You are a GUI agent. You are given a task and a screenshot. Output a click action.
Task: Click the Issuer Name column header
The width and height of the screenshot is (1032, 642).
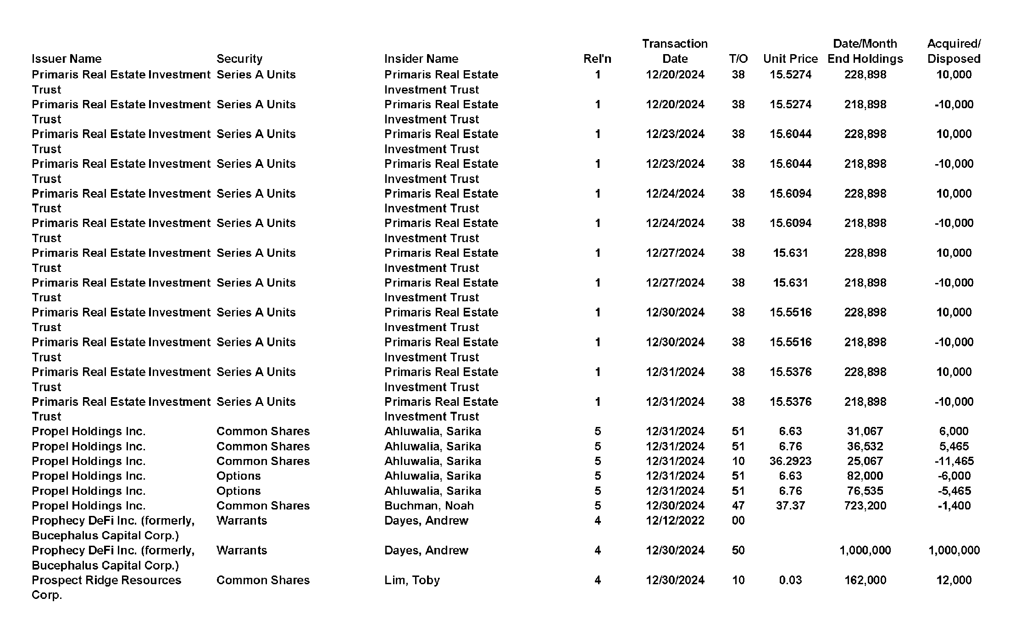point(67,59)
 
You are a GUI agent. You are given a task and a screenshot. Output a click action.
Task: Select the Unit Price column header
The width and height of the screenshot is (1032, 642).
point(790,59)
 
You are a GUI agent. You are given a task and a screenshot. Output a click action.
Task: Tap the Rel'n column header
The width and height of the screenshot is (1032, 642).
point(597,59)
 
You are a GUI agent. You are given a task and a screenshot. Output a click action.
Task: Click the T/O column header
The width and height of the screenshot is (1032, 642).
point(738,59)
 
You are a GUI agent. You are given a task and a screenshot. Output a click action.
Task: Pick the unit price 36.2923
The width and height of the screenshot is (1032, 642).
point(790,461)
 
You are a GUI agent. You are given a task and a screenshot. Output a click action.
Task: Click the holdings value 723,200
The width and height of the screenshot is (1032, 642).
point(865,505)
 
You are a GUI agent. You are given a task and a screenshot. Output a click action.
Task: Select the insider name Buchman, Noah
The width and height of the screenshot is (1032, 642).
point(429,505)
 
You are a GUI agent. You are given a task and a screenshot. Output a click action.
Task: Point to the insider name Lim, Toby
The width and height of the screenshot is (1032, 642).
point(412,580)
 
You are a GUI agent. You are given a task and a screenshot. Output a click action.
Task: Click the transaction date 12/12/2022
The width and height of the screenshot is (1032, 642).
point(675,520)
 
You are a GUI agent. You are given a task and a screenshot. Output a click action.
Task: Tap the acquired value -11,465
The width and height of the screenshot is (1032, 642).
point(954,461)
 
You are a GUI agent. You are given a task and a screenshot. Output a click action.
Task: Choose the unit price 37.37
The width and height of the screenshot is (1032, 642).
point(790,505)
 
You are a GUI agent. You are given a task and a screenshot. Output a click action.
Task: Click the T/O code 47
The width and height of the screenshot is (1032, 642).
point(738,505)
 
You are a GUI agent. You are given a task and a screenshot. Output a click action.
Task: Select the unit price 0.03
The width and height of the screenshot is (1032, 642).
point(790,580)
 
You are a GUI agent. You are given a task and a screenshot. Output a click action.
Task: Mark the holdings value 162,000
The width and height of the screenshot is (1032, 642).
point(865,580)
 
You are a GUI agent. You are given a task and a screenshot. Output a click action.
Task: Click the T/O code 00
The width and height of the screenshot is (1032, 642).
point(738,520)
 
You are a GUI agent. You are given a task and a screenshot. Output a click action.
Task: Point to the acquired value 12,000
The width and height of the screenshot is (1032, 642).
point(954,580)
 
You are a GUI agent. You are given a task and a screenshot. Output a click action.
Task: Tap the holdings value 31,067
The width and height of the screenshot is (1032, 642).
point(865,431)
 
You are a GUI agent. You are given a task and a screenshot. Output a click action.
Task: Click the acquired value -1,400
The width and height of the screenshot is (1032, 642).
point(954,505)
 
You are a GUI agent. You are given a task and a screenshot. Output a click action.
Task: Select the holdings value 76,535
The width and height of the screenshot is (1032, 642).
point(865,491)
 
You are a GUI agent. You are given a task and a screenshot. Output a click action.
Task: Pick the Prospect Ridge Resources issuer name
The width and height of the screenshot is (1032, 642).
point(106,580)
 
